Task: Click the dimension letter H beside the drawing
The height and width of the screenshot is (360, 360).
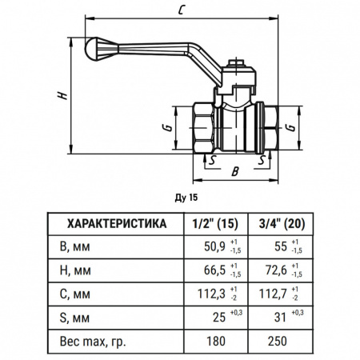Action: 62,94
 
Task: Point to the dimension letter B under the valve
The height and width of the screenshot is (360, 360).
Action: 234,170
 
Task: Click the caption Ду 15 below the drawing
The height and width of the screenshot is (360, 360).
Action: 185,195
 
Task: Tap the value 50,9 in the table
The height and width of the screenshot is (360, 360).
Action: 212,247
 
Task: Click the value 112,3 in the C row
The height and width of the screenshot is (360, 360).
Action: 210,294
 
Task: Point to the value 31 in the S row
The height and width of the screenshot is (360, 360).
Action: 282,317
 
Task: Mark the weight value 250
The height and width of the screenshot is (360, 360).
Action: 278,340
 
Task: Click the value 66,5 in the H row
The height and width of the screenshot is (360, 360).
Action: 212,270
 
